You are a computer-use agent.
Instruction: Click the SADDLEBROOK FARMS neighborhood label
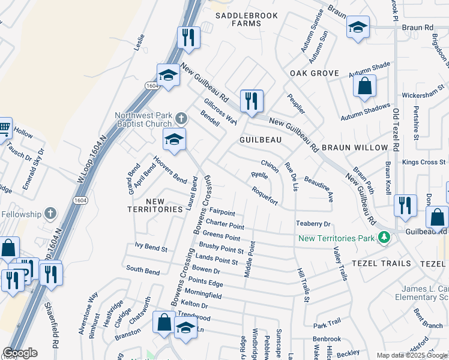tap(238, 19)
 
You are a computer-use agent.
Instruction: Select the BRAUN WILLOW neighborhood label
tap(355, 147)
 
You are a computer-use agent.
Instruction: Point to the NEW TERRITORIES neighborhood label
tap(155, 205)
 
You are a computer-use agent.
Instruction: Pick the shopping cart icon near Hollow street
tap(4, 127)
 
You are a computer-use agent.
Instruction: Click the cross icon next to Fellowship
tap(50, 214)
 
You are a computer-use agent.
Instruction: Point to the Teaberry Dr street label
tap(313, 224)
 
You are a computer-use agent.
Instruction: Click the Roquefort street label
tap(265, 197)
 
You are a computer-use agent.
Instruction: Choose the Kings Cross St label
tap(424, 162)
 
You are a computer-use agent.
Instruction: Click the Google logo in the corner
tap(20, 353)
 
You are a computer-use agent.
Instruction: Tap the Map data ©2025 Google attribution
tap(412, 355)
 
